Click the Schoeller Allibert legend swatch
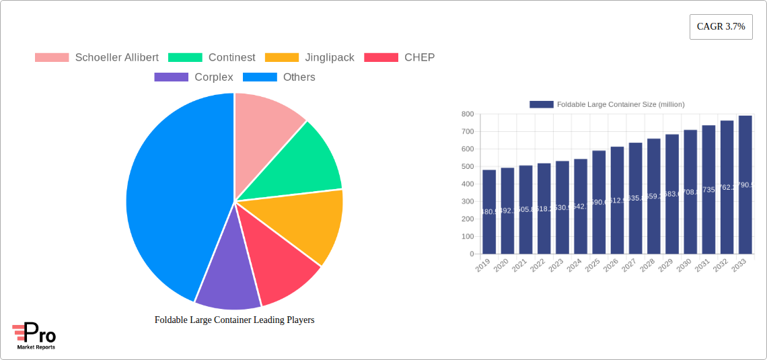(x=52, y=58)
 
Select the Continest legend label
(x=231, y=58)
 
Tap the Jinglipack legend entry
(x=329, y=58)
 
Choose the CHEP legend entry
(x=419, y=58)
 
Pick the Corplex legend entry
(x=213, y=77)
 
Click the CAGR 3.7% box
(x=721, y=27)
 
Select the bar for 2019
(x=489, y=212)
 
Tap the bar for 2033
(x=745, y=185)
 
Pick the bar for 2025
(x=599, y=202)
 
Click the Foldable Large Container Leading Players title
(x=234, y=320)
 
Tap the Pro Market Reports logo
(x=34, y=336)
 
